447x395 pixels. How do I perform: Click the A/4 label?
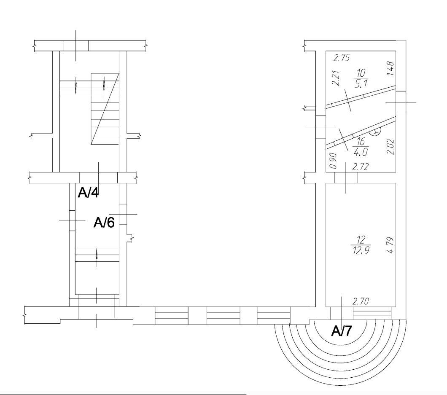click(89, 193)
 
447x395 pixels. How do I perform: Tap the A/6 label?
click(104, 223)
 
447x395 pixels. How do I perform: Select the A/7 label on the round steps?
click(342, 331)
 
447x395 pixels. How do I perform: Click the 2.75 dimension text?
click(342, 58)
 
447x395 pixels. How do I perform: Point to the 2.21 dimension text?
click(336, 78)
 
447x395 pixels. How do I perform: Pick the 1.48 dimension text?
click(390, 68)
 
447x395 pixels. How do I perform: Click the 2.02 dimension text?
click(390, 146)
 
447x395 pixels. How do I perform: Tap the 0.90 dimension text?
click(333, 161)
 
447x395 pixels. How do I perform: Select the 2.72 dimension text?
click(360, 167)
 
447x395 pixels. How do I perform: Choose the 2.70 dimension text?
click(361, 301)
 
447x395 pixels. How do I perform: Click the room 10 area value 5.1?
click(361, 84)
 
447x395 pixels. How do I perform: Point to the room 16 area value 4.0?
click(361, 152)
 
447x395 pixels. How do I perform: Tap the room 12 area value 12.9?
click(361, 250)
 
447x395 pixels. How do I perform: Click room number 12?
click(361, 240)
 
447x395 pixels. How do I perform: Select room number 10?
click(361, 73)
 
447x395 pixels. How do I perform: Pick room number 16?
click(361, 141)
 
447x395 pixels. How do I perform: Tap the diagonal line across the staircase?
click(105, 109)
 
